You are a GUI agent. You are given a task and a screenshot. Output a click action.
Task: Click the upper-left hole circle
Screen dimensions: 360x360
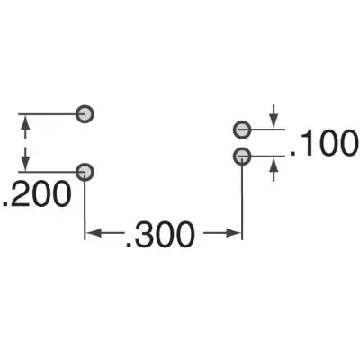[x=85, y=114]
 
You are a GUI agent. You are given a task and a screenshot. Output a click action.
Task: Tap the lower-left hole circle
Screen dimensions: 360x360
[x=85, y=172]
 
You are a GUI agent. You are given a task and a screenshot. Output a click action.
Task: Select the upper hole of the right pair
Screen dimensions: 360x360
[x=242, y=130]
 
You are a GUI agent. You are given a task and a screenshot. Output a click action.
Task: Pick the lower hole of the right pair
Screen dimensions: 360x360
[x=242, y=157]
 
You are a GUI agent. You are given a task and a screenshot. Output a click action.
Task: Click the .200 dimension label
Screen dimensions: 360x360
[x=36, y=194]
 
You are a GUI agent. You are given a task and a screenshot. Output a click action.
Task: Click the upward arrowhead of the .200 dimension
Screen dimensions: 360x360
[x=25, y=123]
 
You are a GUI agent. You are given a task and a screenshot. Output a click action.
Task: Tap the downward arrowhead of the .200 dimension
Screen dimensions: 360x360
[x=25, y=164]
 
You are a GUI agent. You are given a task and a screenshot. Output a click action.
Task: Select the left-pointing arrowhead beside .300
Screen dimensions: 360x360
[x=94, y=233]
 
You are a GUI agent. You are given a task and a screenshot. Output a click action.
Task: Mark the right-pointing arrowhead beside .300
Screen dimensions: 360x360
[x=234, y=233]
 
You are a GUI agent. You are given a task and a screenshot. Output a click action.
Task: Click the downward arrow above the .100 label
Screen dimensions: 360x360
[x=274, y=117]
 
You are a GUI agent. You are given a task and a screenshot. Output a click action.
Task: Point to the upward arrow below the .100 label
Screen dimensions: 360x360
[x=274, y=169]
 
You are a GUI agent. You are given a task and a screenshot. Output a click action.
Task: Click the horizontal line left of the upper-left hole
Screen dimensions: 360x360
[x=48, y=114]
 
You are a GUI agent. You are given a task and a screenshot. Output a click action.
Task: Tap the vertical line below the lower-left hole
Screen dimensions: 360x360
[x=85, y=206]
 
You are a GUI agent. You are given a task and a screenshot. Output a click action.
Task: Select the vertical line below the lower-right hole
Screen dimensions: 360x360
[x=242, y=198]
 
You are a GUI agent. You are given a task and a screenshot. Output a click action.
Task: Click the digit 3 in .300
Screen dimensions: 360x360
[x=143, y=234]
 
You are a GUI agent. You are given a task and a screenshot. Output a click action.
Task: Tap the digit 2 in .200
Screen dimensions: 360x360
[x=19, y=193]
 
